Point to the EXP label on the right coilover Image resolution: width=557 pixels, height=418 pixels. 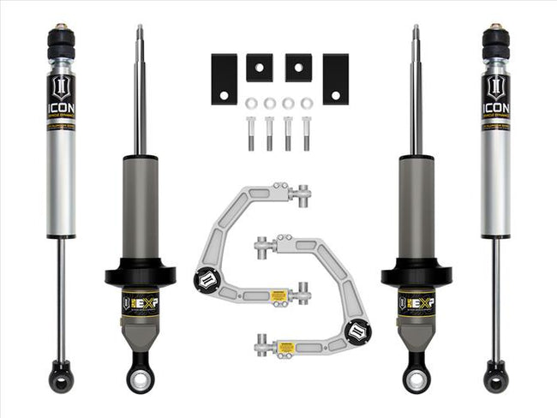[x=416, y=302]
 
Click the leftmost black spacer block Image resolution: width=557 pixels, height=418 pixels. [x=225, y=79]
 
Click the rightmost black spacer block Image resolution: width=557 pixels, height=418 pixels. [x=335, y=79]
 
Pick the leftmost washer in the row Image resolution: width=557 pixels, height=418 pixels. [x=251, y=104]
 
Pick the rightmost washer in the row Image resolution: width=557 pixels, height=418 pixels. [x=307, y=104]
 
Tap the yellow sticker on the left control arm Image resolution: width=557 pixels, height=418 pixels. [x=278, y=296]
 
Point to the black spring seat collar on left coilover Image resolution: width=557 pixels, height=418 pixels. [x=140, y=277]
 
